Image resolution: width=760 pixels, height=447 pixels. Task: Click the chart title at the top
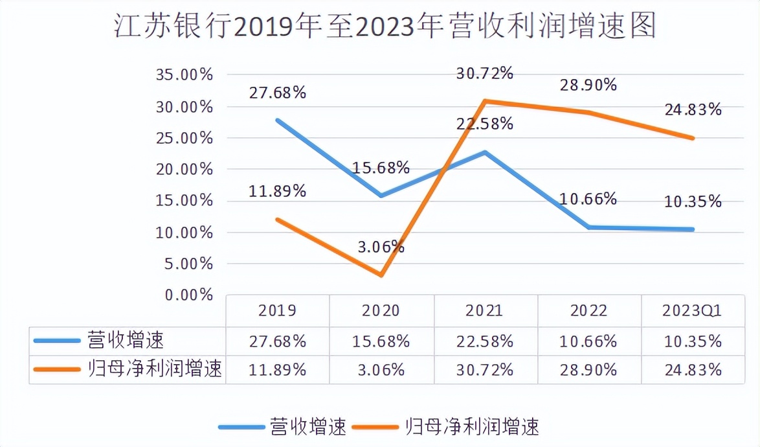tap(385, 27)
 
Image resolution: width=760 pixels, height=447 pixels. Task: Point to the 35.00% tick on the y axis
tap(184, 74)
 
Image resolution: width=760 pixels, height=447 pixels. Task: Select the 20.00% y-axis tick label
tap(184, 169)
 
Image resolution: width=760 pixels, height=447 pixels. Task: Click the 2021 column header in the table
tap(484, 311)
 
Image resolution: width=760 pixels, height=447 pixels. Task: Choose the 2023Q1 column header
tap(692, 311)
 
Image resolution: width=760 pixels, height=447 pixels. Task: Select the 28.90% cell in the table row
tap(588, 370)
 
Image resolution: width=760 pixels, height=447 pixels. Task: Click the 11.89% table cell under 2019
tap(277, 370)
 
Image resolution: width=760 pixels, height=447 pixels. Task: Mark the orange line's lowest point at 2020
tap(381, 275)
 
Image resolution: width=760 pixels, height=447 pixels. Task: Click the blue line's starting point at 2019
tap(277, 120)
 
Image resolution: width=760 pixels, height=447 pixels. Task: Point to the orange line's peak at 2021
tap(485, 101)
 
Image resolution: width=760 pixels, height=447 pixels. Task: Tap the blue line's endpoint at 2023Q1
tap(693, 229)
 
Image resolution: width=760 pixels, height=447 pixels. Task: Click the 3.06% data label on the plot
tap(381, 246)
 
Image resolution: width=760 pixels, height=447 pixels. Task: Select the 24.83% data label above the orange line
tap(693, 109)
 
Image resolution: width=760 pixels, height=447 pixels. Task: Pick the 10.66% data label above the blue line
tap(588, 199)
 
